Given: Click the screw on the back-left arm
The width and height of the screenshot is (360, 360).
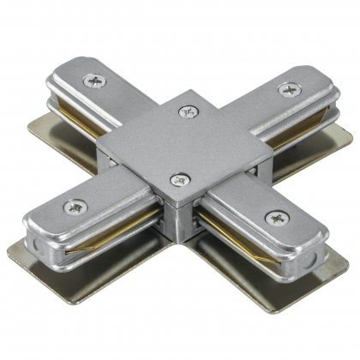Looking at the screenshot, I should [93, 82].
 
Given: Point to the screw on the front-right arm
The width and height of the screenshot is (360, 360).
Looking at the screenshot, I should [274, 218].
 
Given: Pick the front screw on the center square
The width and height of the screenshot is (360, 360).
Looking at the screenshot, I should [179, 180].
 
